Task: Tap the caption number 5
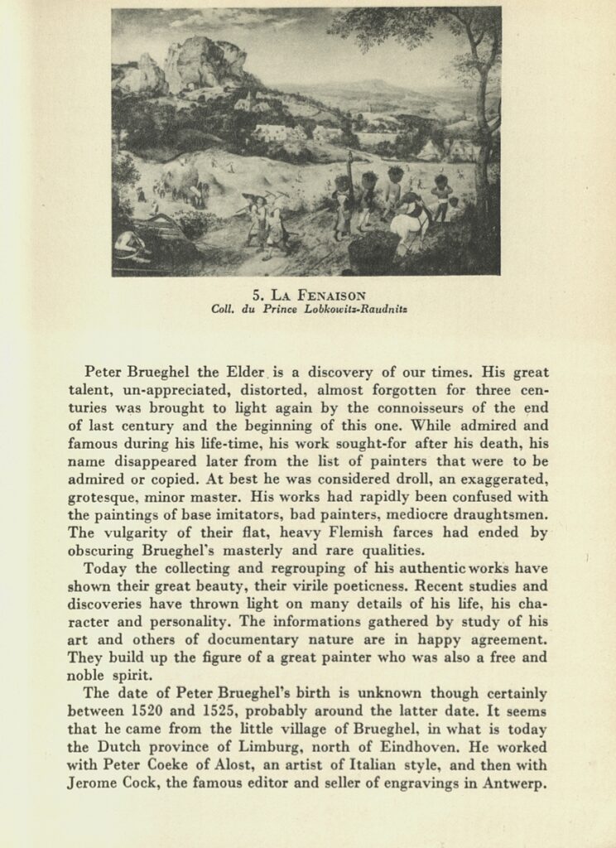click(x=256, y=294)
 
